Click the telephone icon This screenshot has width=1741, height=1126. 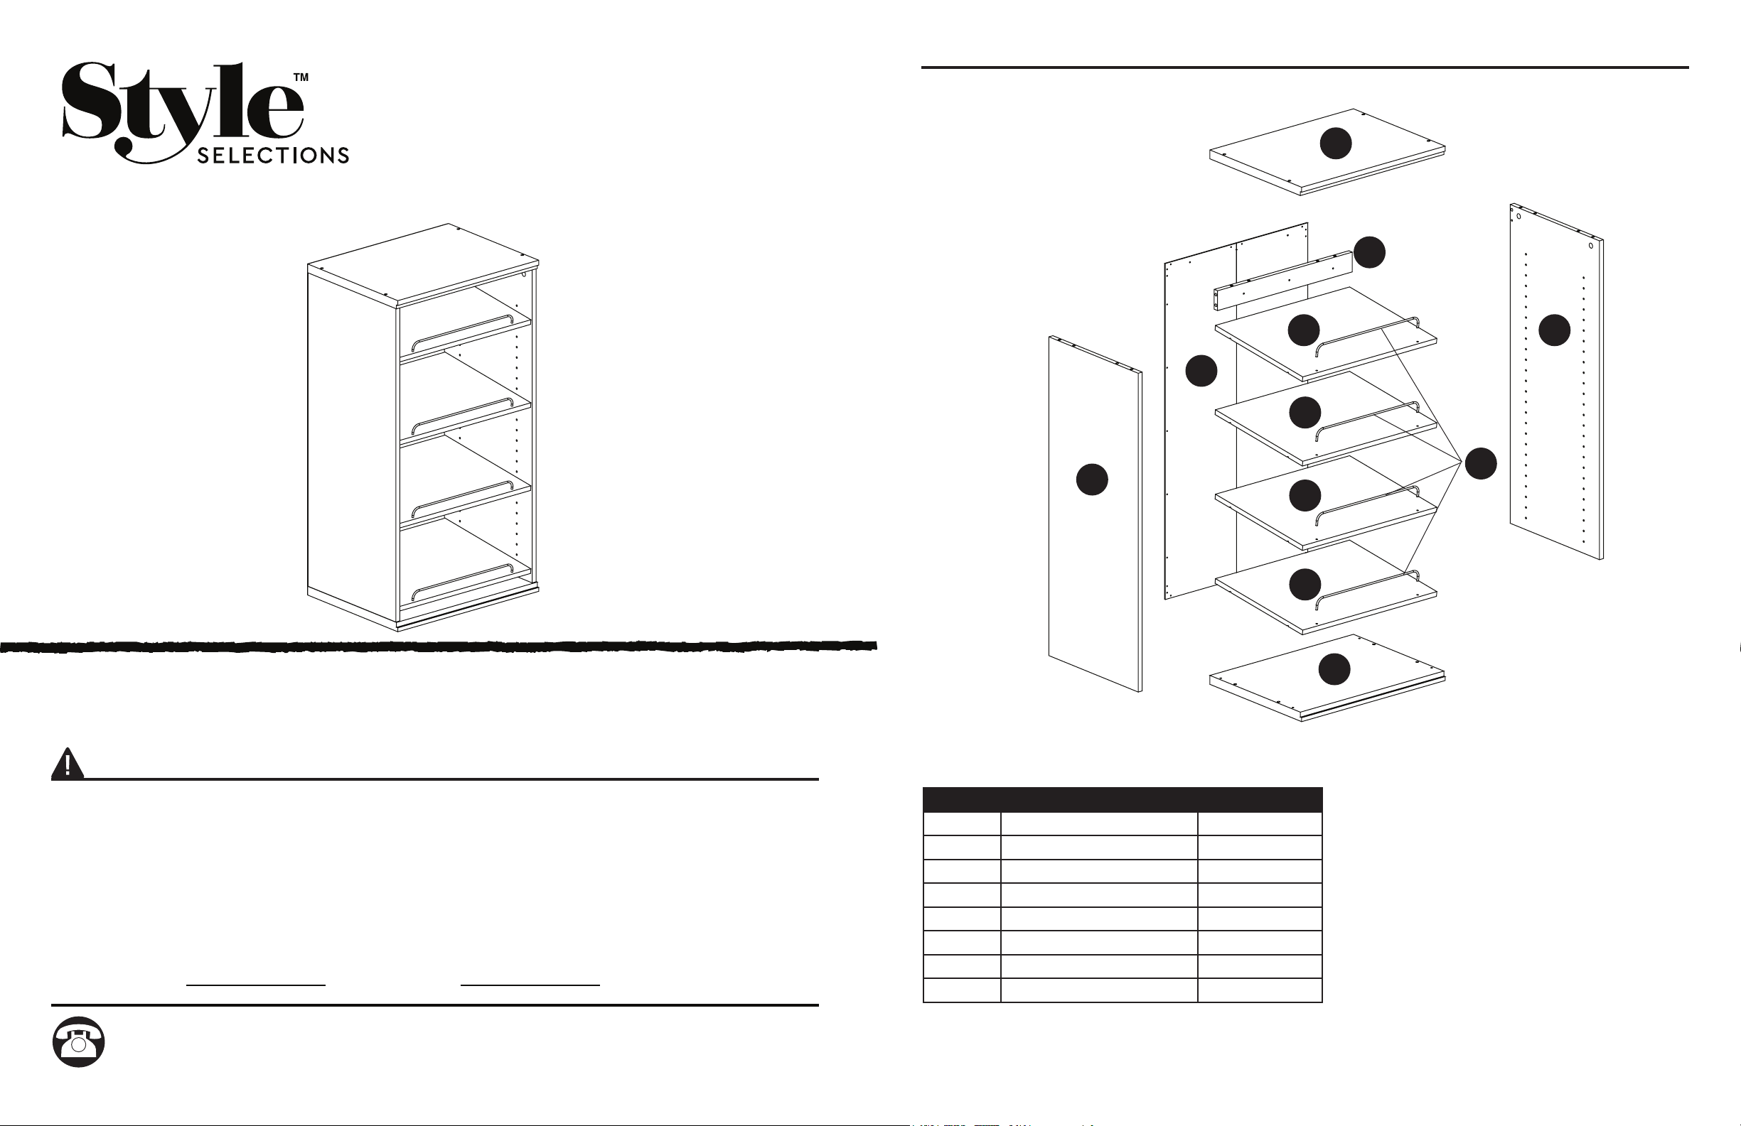click(x=78, y=1041)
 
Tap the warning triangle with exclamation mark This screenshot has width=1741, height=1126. click(x=68, y=764)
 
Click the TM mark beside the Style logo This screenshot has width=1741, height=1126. click(x=301, y=77)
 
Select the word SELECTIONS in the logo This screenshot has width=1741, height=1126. click(x=273, y=156)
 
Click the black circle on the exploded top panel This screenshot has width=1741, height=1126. click(x=1335, y=144)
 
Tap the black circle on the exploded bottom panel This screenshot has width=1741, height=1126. click(x=1334, y=669)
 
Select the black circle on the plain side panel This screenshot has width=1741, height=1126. click(x=1091, y=479)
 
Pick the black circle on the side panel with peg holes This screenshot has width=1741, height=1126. click(x=1555, y=330)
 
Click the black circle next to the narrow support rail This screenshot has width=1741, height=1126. click(x=1369, y=252)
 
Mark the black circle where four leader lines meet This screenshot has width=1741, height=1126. click(x=1481, y=464)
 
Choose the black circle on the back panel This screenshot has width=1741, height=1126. click(x=1201, y=371)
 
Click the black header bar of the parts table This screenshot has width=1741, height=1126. click(x=1122, y=800)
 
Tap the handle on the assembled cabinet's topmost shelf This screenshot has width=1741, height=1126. click(x=462, y=332)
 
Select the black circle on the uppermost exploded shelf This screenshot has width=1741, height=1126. click(x=1304, y=330)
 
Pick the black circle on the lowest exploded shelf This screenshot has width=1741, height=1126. click(x=1305, y=584)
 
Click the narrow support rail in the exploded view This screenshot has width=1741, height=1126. click(x=1284, y=280)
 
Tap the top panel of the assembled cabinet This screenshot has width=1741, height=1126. click(x=423, y=264)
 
